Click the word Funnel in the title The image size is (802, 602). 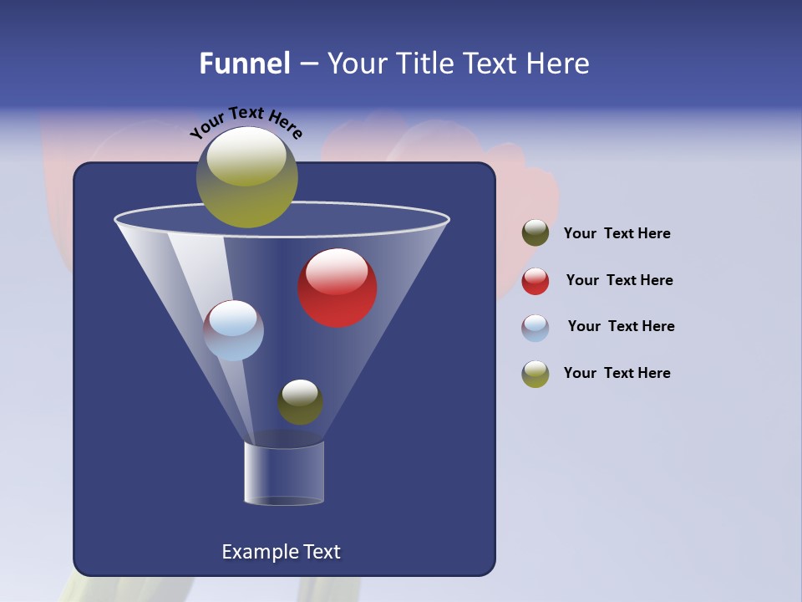244,64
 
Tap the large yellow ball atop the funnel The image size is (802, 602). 247,176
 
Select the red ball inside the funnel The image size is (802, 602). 338,288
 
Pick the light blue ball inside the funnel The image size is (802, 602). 234,330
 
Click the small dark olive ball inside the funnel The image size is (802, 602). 300,402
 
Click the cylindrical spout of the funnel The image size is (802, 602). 284,473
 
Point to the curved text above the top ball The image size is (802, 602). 246,121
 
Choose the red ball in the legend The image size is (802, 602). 536,281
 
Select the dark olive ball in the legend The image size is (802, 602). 536,233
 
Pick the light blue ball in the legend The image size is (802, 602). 536,328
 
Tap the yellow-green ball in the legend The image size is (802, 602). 536,374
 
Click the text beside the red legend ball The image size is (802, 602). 619,280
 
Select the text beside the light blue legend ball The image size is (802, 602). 621,326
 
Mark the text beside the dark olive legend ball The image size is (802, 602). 617,233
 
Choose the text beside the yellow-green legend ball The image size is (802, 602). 617,373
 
